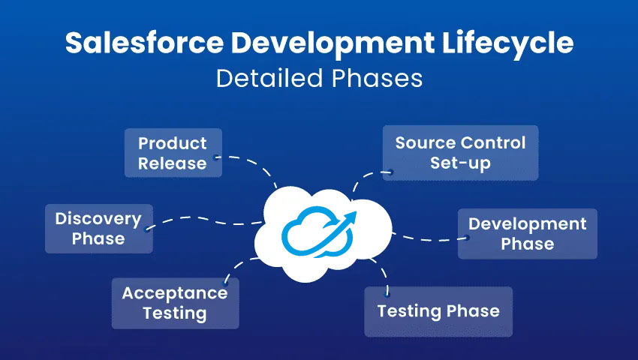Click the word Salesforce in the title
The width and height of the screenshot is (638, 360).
coord(144,42)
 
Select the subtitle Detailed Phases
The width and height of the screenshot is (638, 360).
coord(320,78)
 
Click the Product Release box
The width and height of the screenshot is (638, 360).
coord(173,153)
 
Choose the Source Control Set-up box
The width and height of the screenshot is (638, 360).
coord(461,153)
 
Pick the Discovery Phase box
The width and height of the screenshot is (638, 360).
coord(99,229)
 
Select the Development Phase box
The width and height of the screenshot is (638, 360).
coord(528,234)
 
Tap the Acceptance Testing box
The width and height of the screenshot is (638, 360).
coord(176,304)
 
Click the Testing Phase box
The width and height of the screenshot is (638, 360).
coord(438,311)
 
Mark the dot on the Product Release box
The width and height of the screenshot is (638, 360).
coord(215,157)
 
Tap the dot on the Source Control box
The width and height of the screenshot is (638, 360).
coord(390,172)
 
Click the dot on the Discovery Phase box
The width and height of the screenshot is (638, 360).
coord(147,229)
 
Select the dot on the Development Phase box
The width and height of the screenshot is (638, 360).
coord(467,238)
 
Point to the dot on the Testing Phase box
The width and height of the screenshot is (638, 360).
coord(387,292)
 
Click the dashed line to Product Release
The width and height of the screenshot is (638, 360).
coord(253,163)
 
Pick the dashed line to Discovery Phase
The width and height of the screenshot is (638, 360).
coord(203,220)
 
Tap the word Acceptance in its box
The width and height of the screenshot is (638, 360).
coord(175,293)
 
